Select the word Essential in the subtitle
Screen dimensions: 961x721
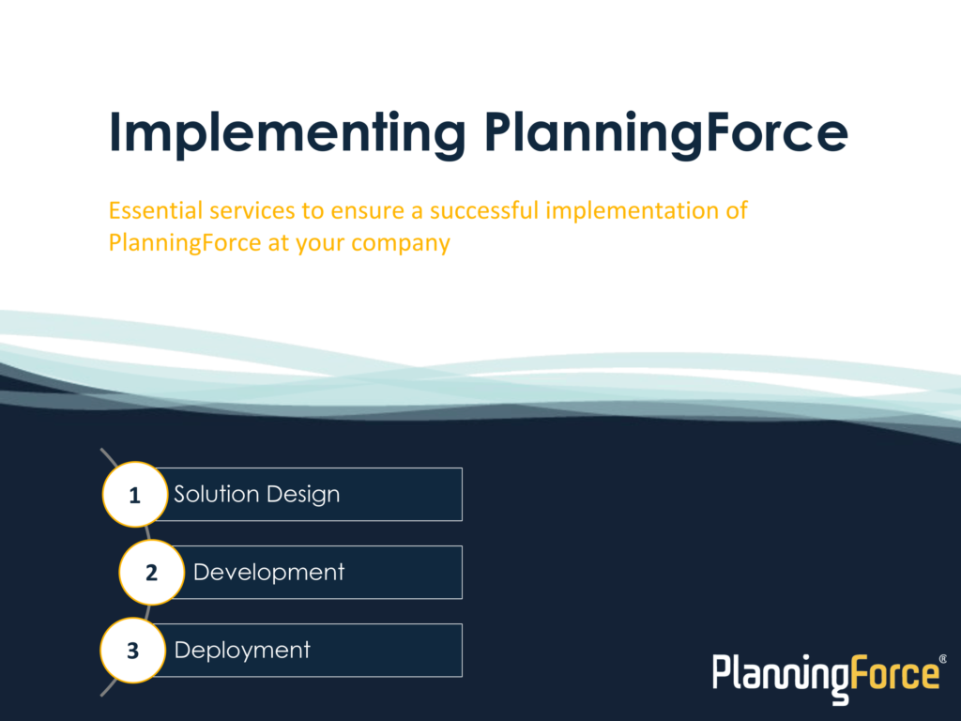(156, 210)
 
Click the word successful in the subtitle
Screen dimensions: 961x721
(484, 210)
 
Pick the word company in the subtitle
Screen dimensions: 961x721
(401, 244)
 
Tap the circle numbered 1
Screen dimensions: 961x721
(135, 494)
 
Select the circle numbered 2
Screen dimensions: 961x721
(151, 572)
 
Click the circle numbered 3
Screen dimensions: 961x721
(133, 650)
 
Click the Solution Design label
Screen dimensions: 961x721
(257, 494)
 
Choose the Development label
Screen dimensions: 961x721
(269, 572)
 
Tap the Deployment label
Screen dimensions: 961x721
(242, 651)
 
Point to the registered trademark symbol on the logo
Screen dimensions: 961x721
(942, 659)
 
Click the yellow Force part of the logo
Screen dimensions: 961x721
(894, 674)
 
